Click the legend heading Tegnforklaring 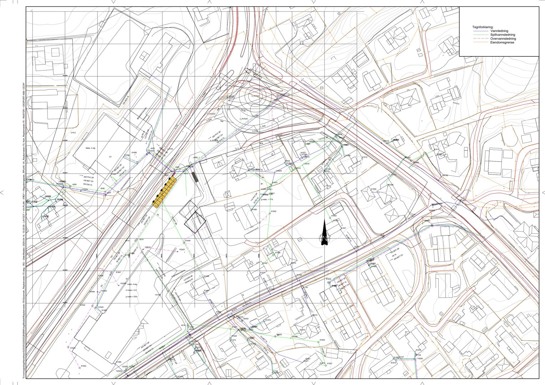pyautogui.click(x=483, y=27)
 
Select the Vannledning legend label pyautogui.click(x=499, y=31)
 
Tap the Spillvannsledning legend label pyautogui.click(x=503, y=35)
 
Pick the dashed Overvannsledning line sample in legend pyautogui.click(x=480, y=39)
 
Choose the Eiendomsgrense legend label pyautogui.click(x=502, y=43)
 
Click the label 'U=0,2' pyautogui.click(x=74, y=133)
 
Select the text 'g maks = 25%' pyautogui.click(x=131, y=297)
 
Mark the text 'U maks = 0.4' pyautogui.click(x=131, y=290)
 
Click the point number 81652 pyautogui.click(x=274, y=211)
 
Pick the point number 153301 pyautogui.click(x=182, y=250)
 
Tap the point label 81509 pyautogui.click(x=374, y=189)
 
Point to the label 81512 pyautogui.click(x=365, y=157)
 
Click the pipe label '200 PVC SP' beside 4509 pyautogui.click(x=88, y=177)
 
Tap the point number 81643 pyautogui.click(x=73, y=348)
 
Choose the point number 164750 pyautogui.click(x=445, y=175)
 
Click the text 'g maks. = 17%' pyautogui.click(x=266, y=199)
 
